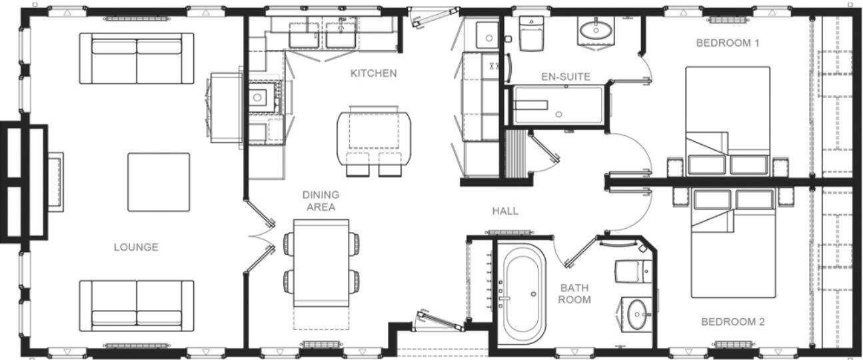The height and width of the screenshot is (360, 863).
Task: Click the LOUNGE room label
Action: coord(135,247)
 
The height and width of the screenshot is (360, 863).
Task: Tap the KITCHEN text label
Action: coord(373,73)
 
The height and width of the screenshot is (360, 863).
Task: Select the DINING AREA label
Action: coord(321,201)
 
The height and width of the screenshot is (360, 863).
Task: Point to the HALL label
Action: coord(505,211)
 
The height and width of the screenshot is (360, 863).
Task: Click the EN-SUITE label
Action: coord(565,77)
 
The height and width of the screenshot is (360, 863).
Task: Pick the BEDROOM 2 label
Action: coord(732,322)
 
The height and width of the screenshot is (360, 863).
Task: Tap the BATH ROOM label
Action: coord(574,294)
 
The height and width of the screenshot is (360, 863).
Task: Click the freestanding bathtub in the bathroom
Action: coord(523,293)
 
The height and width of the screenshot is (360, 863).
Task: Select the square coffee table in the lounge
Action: coord(159,182)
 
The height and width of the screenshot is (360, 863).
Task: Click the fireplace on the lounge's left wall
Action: coord(55,181)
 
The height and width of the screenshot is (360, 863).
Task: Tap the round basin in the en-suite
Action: coord(596,30)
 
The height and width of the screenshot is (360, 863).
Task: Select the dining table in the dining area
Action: coord(322,263)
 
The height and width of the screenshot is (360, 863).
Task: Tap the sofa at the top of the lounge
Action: coord(137,58)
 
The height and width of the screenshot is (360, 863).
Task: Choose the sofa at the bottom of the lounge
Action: coord(137,305)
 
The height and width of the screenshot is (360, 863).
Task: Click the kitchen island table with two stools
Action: coord(374,137)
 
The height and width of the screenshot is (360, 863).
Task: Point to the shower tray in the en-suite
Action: coord(559,106)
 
